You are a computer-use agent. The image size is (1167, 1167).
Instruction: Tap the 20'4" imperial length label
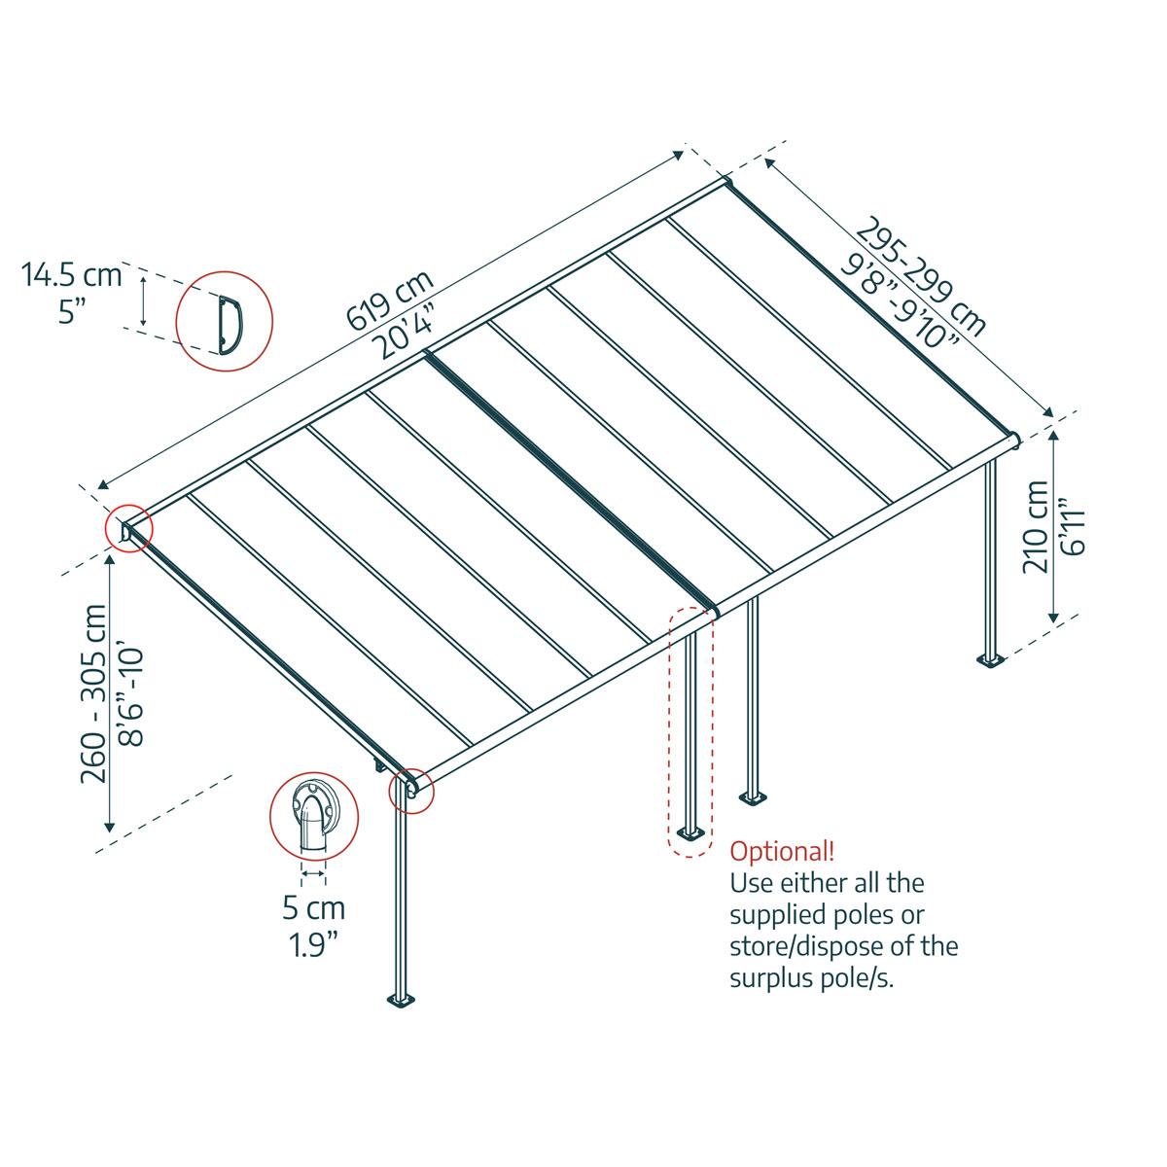(x=407, y=333)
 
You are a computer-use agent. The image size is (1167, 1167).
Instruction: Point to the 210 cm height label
(x=1038, y=526)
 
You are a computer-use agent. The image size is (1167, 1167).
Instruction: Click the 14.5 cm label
(x=72, y=275)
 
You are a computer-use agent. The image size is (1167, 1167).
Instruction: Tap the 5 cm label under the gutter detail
(x=313, y=908)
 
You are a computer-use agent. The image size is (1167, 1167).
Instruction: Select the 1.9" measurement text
(x=313, y=944)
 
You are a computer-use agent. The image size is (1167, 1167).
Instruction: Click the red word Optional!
(x=782, y=852)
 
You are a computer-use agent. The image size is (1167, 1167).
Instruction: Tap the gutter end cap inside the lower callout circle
(x=312, y=818)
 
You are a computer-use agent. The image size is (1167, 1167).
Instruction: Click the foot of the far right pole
(x=992, y=661)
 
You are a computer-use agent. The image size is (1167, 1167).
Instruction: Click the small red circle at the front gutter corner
(x=411, y=790)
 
